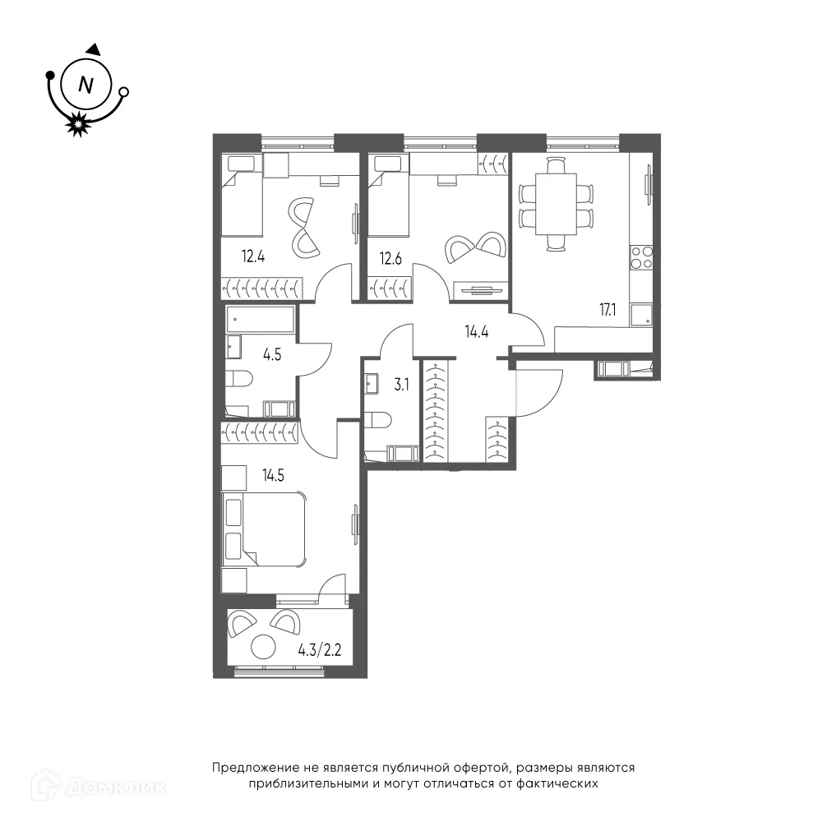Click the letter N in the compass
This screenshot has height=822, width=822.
(x=85, y=85)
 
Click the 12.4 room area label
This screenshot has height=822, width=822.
(x=252, y=256)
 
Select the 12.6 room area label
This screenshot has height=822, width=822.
(x=390, y=258)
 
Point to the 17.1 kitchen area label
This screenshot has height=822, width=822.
(x=607, y=310)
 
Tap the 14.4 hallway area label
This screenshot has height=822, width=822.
(x=477, y=332)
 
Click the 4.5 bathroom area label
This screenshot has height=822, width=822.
(x=272, y=355)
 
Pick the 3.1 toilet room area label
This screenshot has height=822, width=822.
(x=402, y=386)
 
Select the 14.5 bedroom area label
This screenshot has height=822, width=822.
(x=274, y=475)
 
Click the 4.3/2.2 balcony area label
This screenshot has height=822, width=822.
(x=319, y=650)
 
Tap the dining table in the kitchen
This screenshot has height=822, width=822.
(x=556, y=204)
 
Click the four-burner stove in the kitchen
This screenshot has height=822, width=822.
(x=642, y=258)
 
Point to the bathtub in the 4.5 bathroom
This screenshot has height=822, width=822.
(x=261, y=319)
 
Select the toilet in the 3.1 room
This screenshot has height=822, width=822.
(x=377, y=420)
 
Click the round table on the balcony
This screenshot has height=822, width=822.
(x=263, y=647)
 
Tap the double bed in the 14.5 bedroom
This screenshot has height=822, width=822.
(x=264, y=529)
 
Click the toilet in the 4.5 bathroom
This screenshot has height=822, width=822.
(x=239, y=378)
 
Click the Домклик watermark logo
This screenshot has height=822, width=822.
(x=99, y=785)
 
